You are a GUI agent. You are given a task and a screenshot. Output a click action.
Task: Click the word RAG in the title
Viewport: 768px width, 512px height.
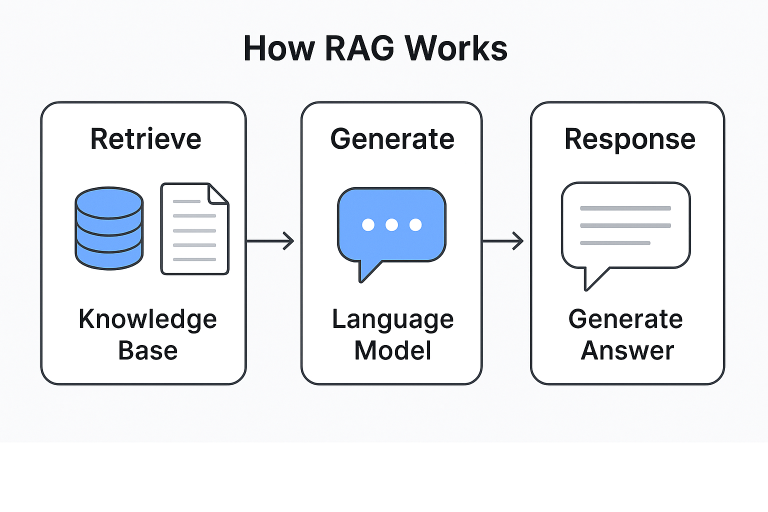[x=359, y=48]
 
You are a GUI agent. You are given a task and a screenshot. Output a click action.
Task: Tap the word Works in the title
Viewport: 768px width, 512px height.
[x=456, y=48]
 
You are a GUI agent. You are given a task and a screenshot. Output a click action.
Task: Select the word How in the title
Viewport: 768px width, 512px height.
[x=279, y=48]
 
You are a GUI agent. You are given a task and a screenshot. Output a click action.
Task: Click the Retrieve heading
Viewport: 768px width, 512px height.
[x=145, y=139]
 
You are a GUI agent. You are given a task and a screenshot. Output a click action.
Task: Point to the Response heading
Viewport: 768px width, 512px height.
[x=629, y=139]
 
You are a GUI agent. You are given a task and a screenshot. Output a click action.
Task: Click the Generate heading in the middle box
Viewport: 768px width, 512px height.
[x=392, y=139]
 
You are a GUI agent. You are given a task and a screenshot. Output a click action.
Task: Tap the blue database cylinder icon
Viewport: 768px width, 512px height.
[x=109, y=228]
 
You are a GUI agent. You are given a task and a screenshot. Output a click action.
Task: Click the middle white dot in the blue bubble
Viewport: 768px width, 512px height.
[x=391, y=225]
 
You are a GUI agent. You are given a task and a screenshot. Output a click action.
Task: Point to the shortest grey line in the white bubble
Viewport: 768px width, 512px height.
[x=614, y=243]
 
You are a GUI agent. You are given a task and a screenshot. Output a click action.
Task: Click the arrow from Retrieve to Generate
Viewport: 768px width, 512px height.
[x=270, y=241]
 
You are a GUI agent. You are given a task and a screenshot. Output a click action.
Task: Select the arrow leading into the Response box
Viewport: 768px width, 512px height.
[x=503, y=241]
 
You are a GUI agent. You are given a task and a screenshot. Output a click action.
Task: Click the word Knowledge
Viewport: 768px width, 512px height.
[x=147, y=319]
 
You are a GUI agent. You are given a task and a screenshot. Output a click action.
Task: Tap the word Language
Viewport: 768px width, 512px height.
[x=392, y=319]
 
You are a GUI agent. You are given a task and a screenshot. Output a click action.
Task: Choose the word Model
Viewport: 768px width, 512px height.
[x=392, y=350]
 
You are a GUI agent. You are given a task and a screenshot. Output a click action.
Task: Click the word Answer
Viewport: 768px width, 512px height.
[x=627, y=350]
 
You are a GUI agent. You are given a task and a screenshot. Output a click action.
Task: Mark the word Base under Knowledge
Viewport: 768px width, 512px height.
[x=147, y=350]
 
